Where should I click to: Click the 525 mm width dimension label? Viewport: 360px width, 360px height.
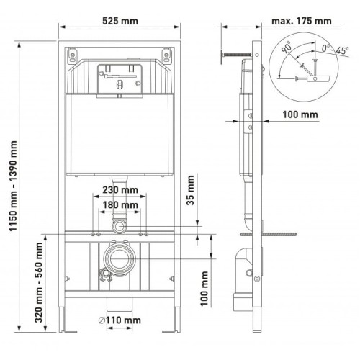120,21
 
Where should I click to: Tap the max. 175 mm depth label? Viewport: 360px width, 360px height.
302,21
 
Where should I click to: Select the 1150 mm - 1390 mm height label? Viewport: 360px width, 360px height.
14,186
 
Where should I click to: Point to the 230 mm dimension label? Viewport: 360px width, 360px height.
120,190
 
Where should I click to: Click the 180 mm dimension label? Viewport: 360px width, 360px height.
120,205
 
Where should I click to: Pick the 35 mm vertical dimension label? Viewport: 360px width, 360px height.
190,190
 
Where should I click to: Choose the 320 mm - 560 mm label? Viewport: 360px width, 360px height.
39,282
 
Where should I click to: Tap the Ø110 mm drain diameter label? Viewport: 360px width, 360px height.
120,320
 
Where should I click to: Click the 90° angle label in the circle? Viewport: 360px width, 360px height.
286,47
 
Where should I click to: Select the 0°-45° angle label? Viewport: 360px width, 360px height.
336,50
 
